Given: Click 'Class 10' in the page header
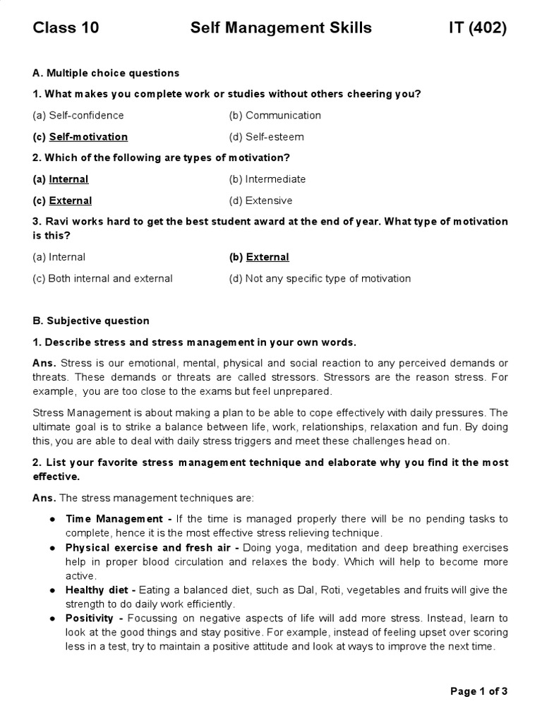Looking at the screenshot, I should (66, 28).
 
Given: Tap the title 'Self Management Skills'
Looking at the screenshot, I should (281, 28).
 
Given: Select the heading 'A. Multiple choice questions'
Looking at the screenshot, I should (106, 73).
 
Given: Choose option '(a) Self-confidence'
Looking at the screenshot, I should (78, 115).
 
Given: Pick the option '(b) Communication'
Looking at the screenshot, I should (275, 115).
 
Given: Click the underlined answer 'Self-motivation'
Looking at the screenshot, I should (88, 136).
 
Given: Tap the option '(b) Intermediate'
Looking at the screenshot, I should (267, 179).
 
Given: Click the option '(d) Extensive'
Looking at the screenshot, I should (260, 200).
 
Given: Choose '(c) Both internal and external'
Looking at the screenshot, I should (102, 278).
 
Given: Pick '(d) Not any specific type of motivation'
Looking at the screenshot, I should (320, 278).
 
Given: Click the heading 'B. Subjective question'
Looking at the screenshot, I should (91, 321).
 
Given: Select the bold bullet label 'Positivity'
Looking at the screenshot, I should (90, 619).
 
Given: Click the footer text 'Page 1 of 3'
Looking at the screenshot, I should (478, 691).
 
